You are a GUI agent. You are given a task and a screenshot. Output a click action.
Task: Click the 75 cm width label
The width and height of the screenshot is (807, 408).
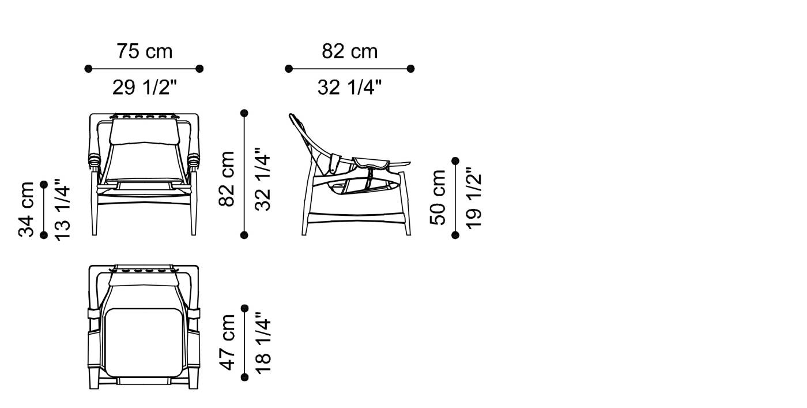(x=145, y=51)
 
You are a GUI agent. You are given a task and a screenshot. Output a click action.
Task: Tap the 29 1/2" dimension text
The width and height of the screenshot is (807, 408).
(x=145, y=87)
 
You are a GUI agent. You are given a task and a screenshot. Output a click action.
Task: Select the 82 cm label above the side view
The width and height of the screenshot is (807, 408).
(x=349, y=51)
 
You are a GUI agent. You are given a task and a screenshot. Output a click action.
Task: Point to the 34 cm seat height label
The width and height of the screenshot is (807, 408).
(x=27, y=209)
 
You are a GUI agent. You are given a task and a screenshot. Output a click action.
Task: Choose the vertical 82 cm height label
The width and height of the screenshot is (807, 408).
(x=227, y=179)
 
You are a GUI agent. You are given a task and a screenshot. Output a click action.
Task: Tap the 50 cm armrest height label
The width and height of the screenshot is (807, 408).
(x=438, y=197)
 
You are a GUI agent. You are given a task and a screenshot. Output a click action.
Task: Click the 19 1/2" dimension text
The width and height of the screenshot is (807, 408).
(x=473, y=197)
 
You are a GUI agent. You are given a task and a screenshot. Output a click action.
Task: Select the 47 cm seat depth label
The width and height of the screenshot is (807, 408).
(x=227, y=342)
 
